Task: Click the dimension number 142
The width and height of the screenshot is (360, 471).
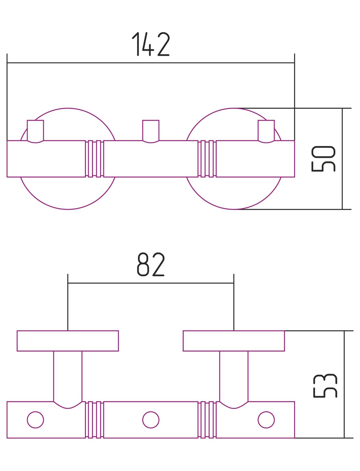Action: pos(151,44)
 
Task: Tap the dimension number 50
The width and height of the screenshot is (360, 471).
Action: pos(323,159)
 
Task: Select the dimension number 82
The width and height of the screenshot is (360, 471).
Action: pos(151,264)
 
